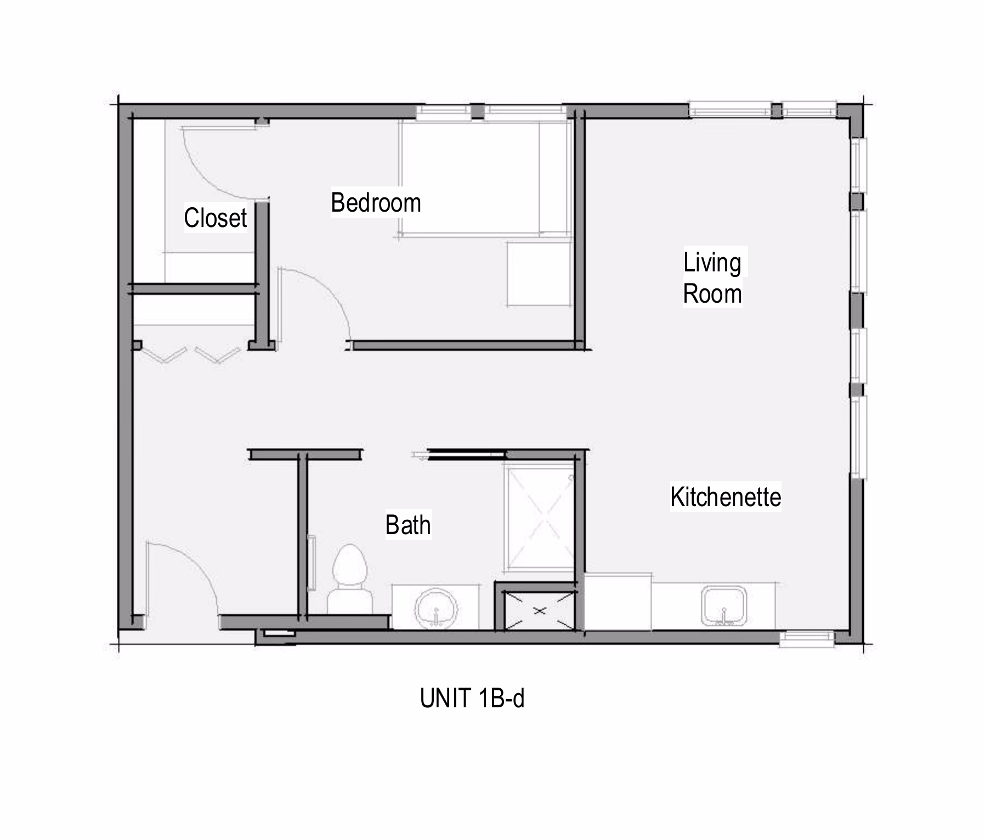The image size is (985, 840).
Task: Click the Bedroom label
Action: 376,203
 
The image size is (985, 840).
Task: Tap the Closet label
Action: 216,218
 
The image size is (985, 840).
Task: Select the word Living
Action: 712,263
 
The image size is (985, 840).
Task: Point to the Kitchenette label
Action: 726,497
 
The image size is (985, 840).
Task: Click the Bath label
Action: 408,525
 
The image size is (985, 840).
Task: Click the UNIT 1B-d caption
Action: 472,699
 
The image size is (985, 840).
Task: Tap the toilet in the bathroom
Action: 350,578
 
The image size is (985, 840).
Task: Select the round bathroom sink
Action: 436,609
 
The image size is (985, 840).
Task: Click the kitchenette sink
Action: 724,606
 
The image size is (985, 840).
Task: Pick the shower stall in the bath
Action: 540,518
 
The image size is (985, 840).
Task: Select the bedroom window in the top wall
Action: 491,111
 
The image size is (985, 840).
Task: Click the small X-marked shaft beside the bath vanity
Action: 540,610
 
